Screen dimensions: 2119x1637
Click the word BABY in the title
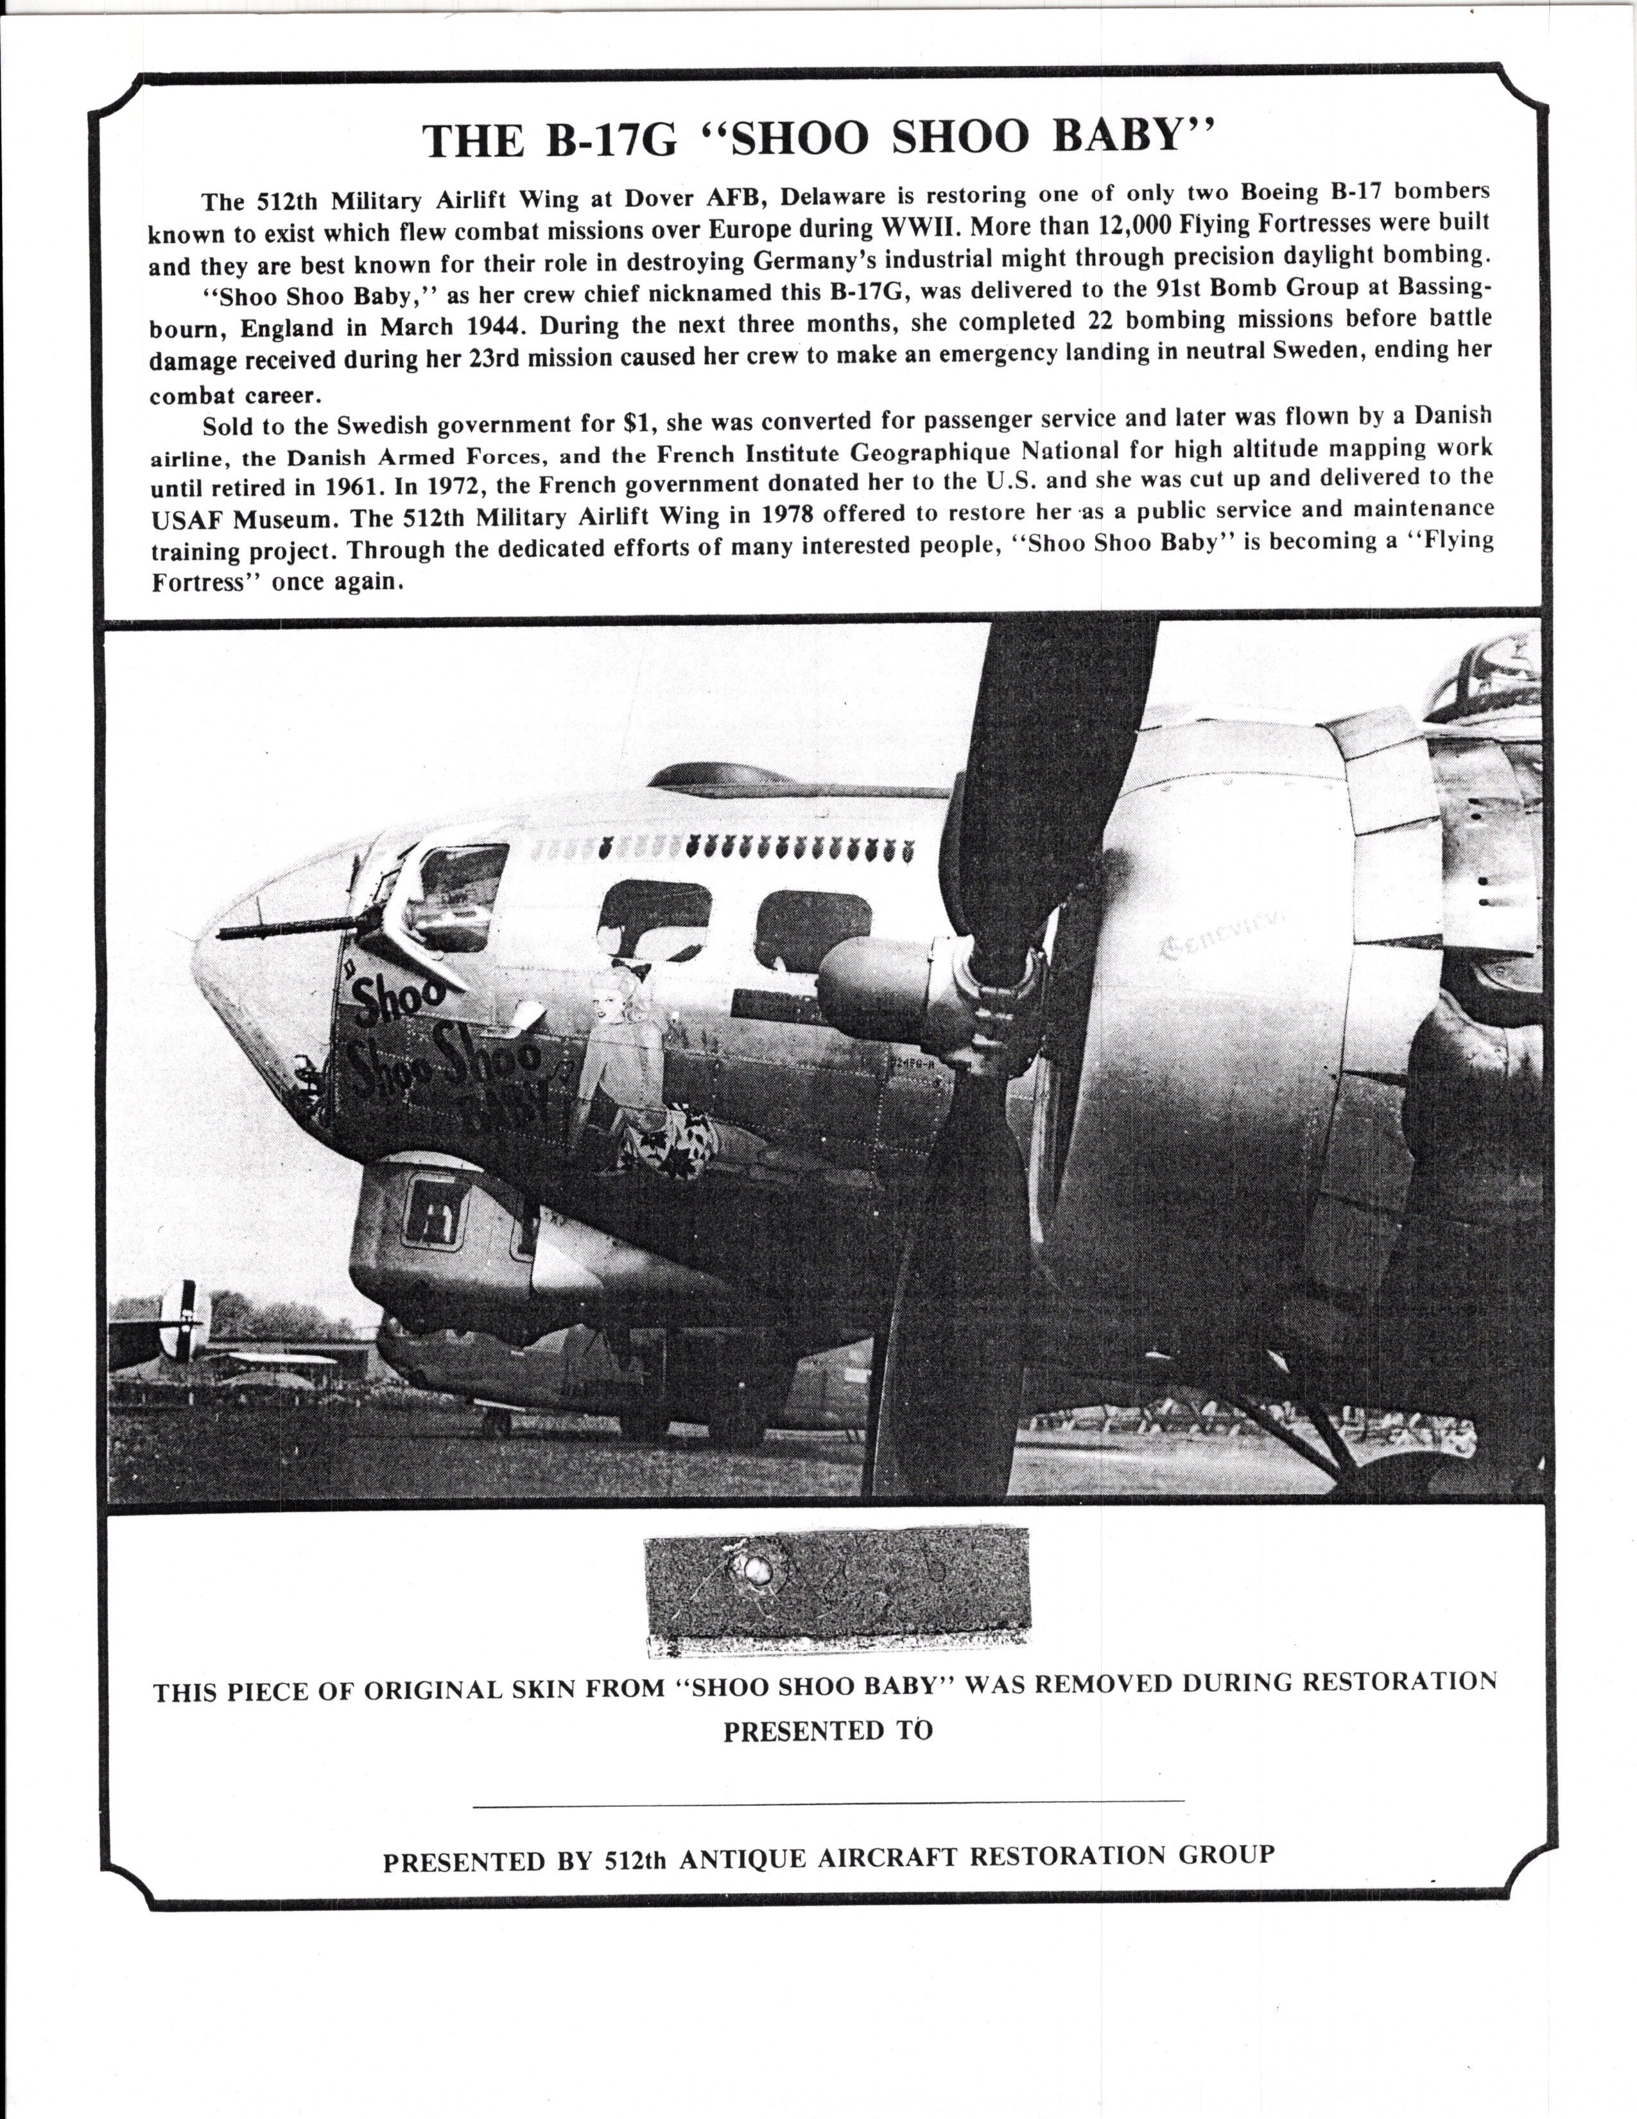click(1132, 137)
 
